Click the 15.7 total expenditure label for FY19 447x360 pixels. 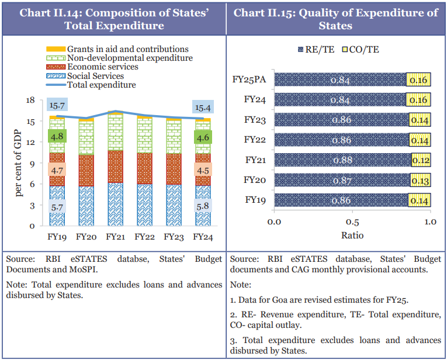pyautogui.click(x=58, y=106)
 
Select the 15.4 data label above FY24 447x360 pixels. pyautogui.click(x=203, y=107)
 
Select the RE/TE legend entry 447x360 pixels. pyautogui.click(x=316, y=49)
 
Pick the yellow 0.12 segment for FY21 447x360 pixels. pyautogui.click(x=420, y=160)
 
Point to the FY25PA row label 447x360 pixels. pyautogui.click(x=252, y=80)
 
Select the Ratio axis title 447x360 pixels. pyautogui.click(x=352, y=236)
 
